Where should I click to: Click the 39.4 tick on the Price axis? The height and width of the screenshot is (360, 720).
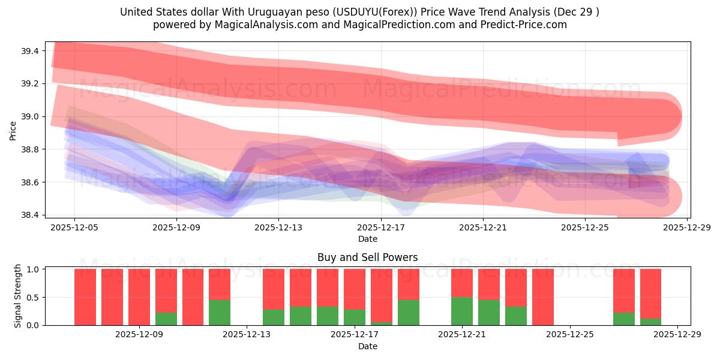coord(31,51)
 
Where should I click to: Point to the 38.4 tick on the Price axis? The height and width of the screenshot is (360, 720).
coord(31,215)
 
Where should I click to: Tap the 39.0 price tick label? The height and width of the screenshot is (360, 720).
coord(31,116)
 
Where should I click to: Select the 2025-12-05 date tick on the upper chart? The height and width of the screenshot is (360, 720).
coord(74,227)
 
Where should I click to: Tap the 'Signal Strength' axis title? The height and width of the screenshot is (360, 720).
coord(17,296)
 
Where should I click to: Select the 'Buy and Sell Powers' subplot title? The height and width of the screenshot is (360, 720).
coord(367,257)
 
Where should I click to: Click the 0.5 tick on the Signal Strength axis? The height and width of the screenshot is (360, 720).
coord(34,297)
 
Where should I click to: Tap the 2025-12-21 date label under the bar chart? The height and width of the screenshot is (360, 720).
coord(462,335)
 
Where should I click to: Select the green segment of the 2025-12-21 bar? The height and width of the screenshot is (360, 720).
coord(462,311)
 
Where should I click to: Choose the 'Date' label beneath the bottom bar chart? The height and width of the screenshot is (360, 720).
coord(367,346)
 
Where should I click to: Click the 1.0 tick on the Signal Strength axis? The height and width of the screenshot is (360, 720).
coord(34,269)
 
